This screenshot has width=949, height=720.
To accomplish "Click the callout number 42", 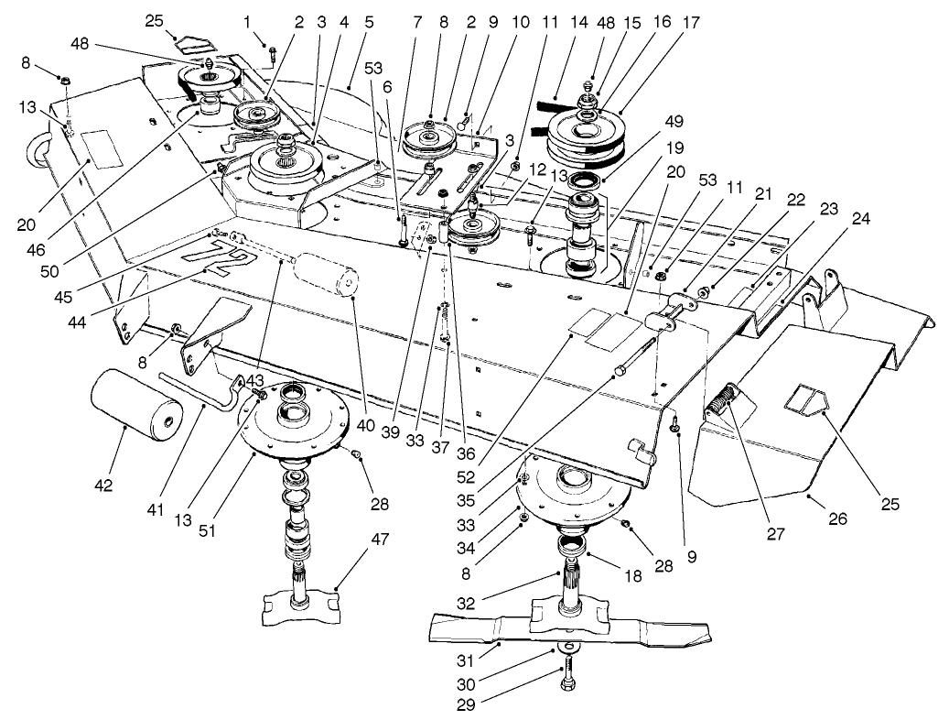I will click(x=102, y=485).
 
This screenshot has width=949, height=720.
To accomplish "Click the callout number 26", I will click(x=838, y=518).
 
